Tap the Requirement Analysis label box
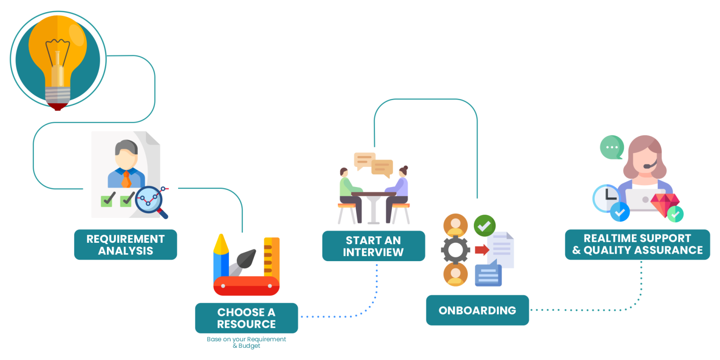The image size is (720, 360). pyautogui.click(x=126, y=245)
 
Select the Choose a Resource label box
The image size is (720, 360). pyautogui.click(x=247, y=318)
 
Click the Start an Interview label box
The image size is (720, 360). pyautogui.click(x=373, y=246)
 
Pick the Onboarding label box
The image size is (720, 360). pyautogui.click(x=477, y=310)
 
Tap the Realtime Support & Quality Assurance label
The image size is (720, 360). pyautogui.click(x=637, y=244)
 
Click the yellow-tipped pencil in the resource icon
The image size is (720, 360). pyautogui.click(x=221, y=258)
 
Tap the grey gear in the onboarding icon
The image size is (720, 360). pyautogui.click(x=455, y=250)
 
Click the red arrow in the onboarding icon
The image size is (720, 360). pyautogui.click(x=481, y=250)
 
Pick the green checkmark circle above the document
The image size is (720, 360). pyautogui.click(x=484, y=225)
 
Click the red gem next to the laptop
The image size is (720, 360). pyautogui.click(x=664, y=204)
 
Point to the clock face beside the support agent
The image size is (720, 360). pyautogui.click(x=606, y=197)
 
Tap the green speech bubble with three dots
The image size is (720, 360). pyautogui.click(x=612, y=147)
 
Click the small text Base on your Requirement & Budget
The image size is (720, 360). pyautogui.click(x=247, y=342)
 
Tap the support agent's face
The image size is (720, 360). pyautogui.click(x=645, y=158)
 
